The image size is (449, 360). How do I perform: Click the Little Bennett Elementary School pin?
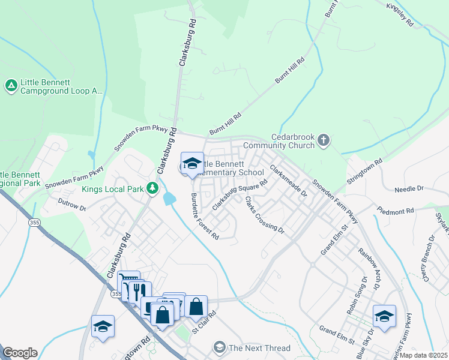click(192, 163)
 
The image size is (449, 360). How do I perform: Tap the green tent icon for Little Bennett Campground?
click(11, 86)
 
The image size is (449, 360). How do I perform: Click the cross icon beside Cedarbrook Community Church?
click(324, 140)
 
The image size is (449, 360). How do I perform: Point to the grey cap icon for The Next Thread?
click(220, 348)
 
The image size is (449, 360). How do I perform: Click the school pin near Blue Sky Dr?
click(384, 316)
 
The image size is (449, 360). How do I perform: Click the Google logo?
click(19, 353)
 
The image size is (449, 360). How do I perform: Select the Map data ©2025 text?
click(424, 355)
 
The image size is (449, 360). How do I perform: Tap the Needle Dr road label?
click(409, 189)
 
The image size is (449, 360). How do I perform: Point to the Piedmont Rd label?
click(396, 211)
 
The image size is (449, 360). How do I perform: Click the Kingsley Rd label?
click(400, 15)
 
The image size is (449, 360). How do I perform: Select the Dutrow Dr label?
click(71, 205)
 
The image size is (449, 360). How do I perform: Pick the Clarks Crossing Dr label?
click(264, 215)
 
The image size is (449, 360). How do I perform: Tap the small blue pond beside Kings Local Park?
click(170, 197)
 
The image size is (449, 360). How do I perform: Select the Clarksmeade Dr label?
click(288, 181)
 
